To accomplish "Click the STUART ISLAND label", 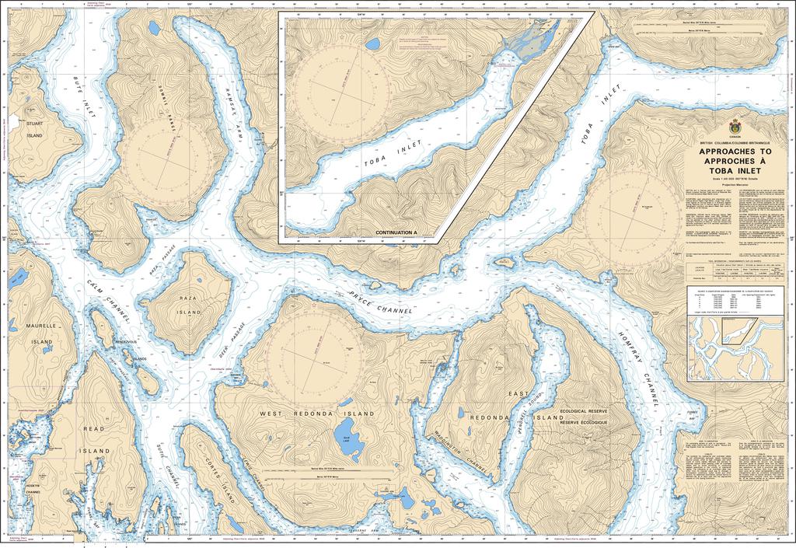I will pyautogui.click(x=33, y=128).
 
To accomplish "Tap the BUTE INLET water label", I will pyautogui.click(x=85, y=98).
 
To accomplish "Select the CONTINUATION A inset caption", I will pyautogui.click(x=396, y=232).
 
